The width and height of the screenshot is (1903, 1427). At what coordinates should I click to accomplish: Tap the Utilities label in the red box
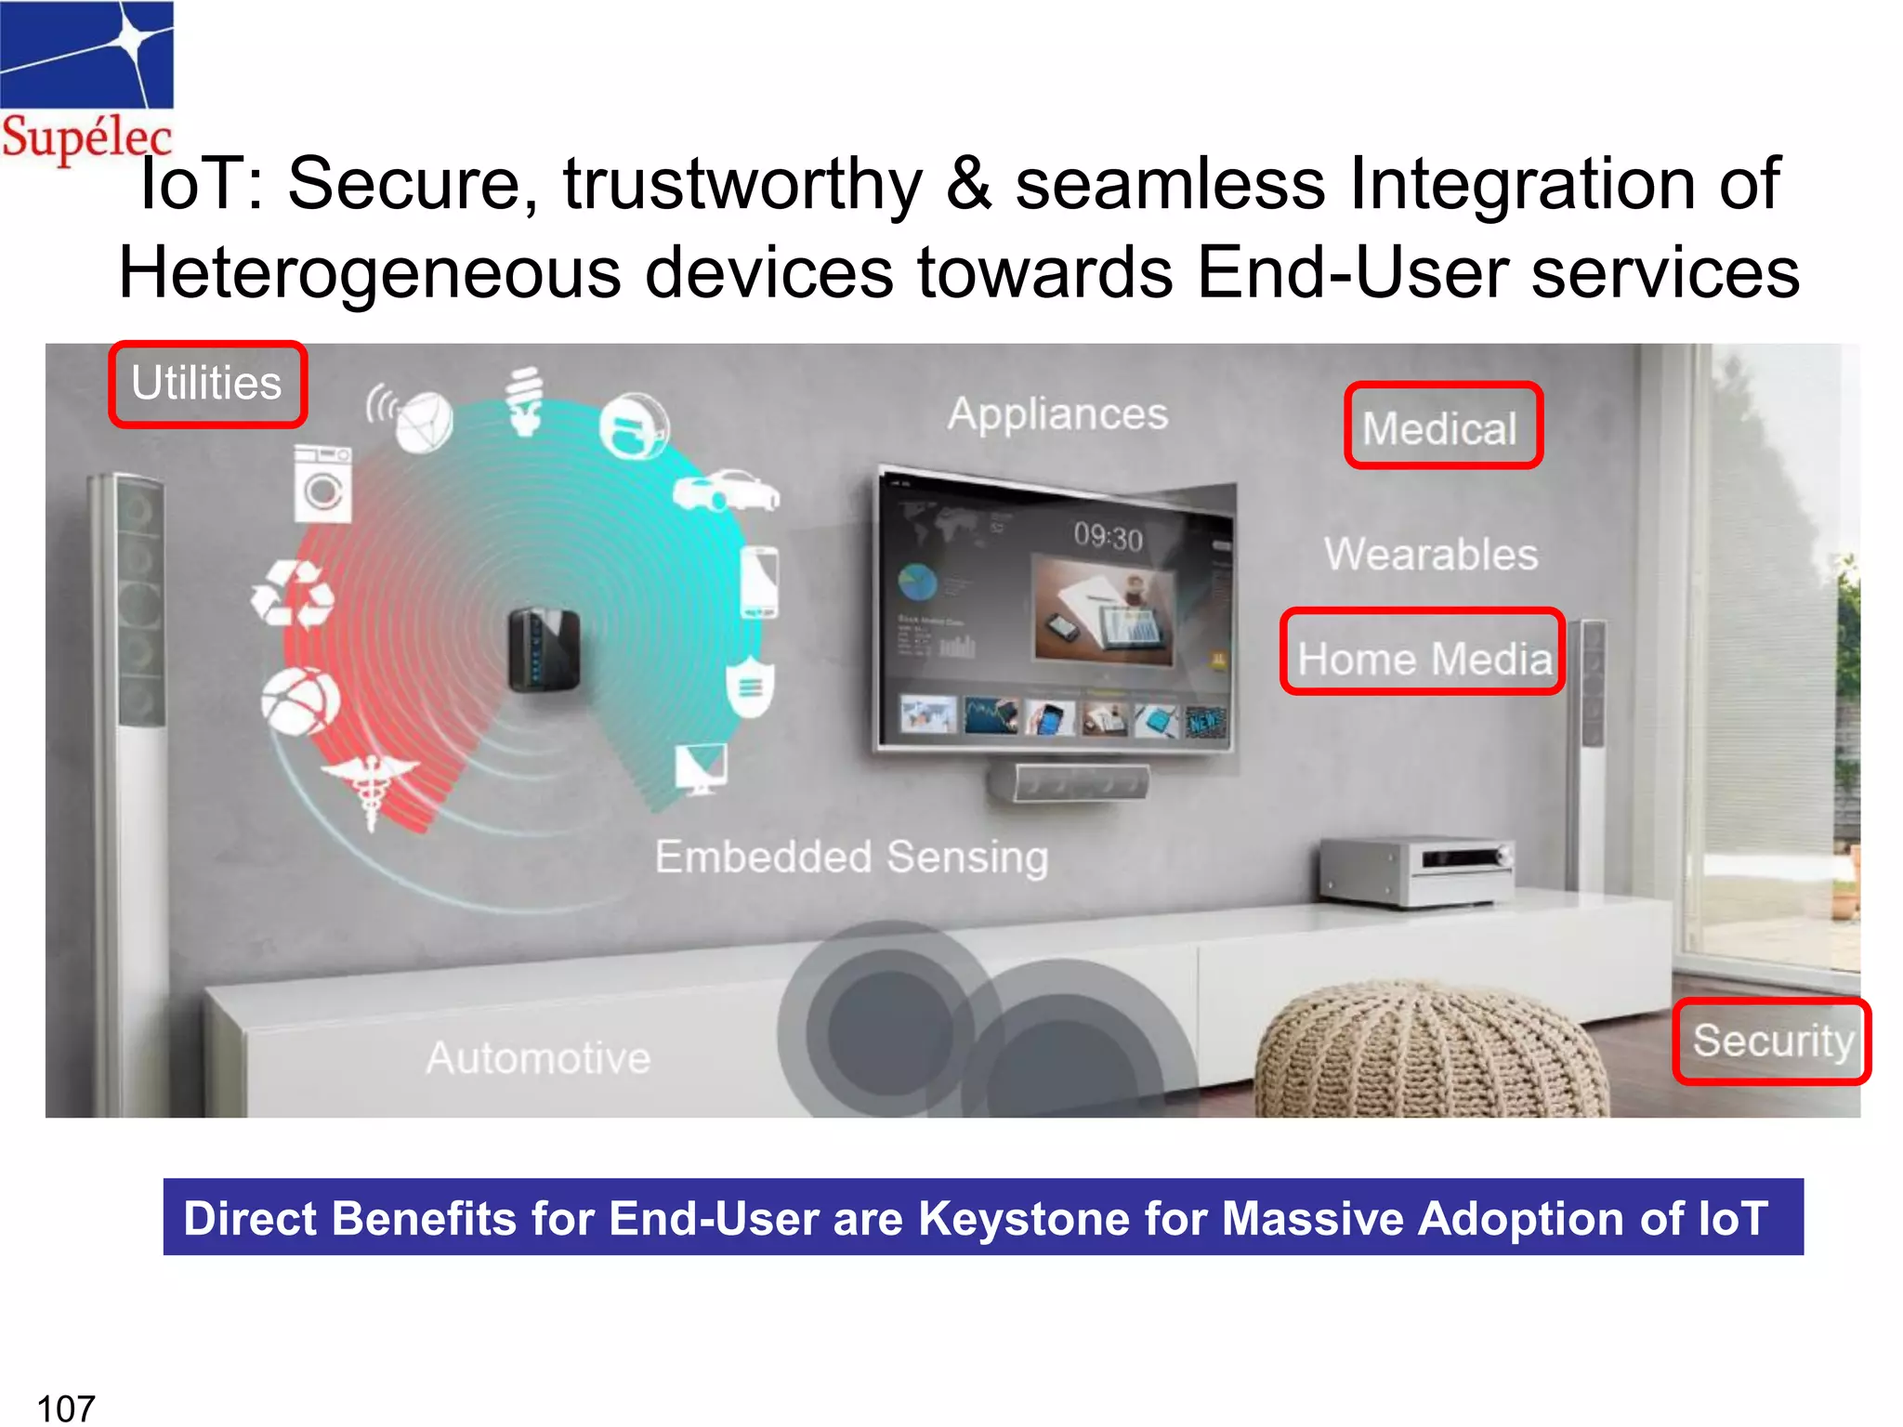point(207,384)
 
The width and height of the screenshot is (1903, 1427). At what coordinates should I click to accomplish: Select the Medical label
point(1441,427)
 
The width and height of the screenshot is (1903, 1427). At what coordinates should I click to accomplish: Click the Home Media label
point(1423,657)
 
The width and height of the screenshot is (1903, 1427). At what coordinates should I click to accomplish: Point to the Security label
point(1772,1041)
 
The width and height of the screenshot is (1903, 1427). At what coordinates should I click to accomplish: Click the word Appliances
point(1057,414)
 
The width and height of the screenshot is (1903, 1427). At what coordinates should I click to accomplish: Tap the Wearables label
point(1431,555)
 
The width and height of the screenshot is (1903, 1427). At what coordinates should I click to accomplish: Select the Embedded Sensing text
point(851,857)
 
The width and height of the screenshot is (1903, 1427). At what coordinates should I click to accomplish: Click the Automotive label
point(538,1058)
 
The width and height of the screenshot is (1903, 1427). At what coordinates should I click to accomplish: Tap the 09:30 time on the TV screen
point(1108,536)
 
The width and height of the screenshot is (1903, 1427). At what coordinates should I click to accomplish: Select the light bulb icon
point(526,401)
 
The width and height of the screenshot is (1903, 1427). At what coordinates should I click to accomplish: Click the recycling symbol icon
point(293,595)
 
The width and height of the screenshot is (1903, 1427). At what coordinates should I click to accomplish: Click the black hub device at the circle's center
point(545,649)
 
